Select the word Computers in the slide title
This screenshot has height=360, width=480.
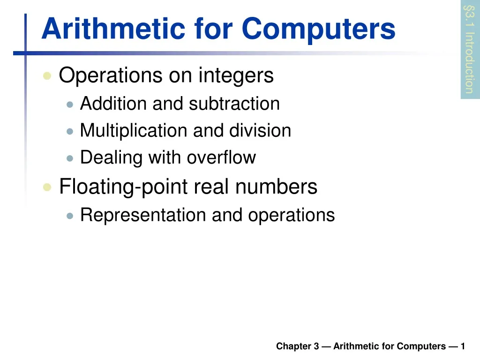[319, 29]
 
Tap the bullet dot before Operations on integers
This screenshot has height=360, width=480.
[47, 76]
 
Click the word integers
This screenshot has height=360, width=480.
[236, 76]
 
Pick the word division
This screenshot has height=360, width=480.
[260, 130]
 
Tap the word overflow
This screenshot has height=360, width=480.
[222, 157]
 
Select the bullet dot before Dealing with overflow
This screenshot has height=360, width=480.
[70, 158]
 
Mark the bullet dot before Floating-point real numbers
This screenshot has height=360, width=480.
[47, 187]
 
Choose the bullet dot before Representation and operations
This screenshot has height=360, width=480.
[70, 216]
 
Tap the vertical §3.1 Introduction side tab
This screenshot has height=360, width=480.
[469, 49]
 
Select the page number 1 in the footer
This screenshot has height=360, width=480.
[463, 346]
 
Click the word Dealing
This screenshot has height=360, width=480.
[111, 157]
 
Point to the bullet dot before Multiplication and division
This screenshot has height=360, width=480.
[70, 131]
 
